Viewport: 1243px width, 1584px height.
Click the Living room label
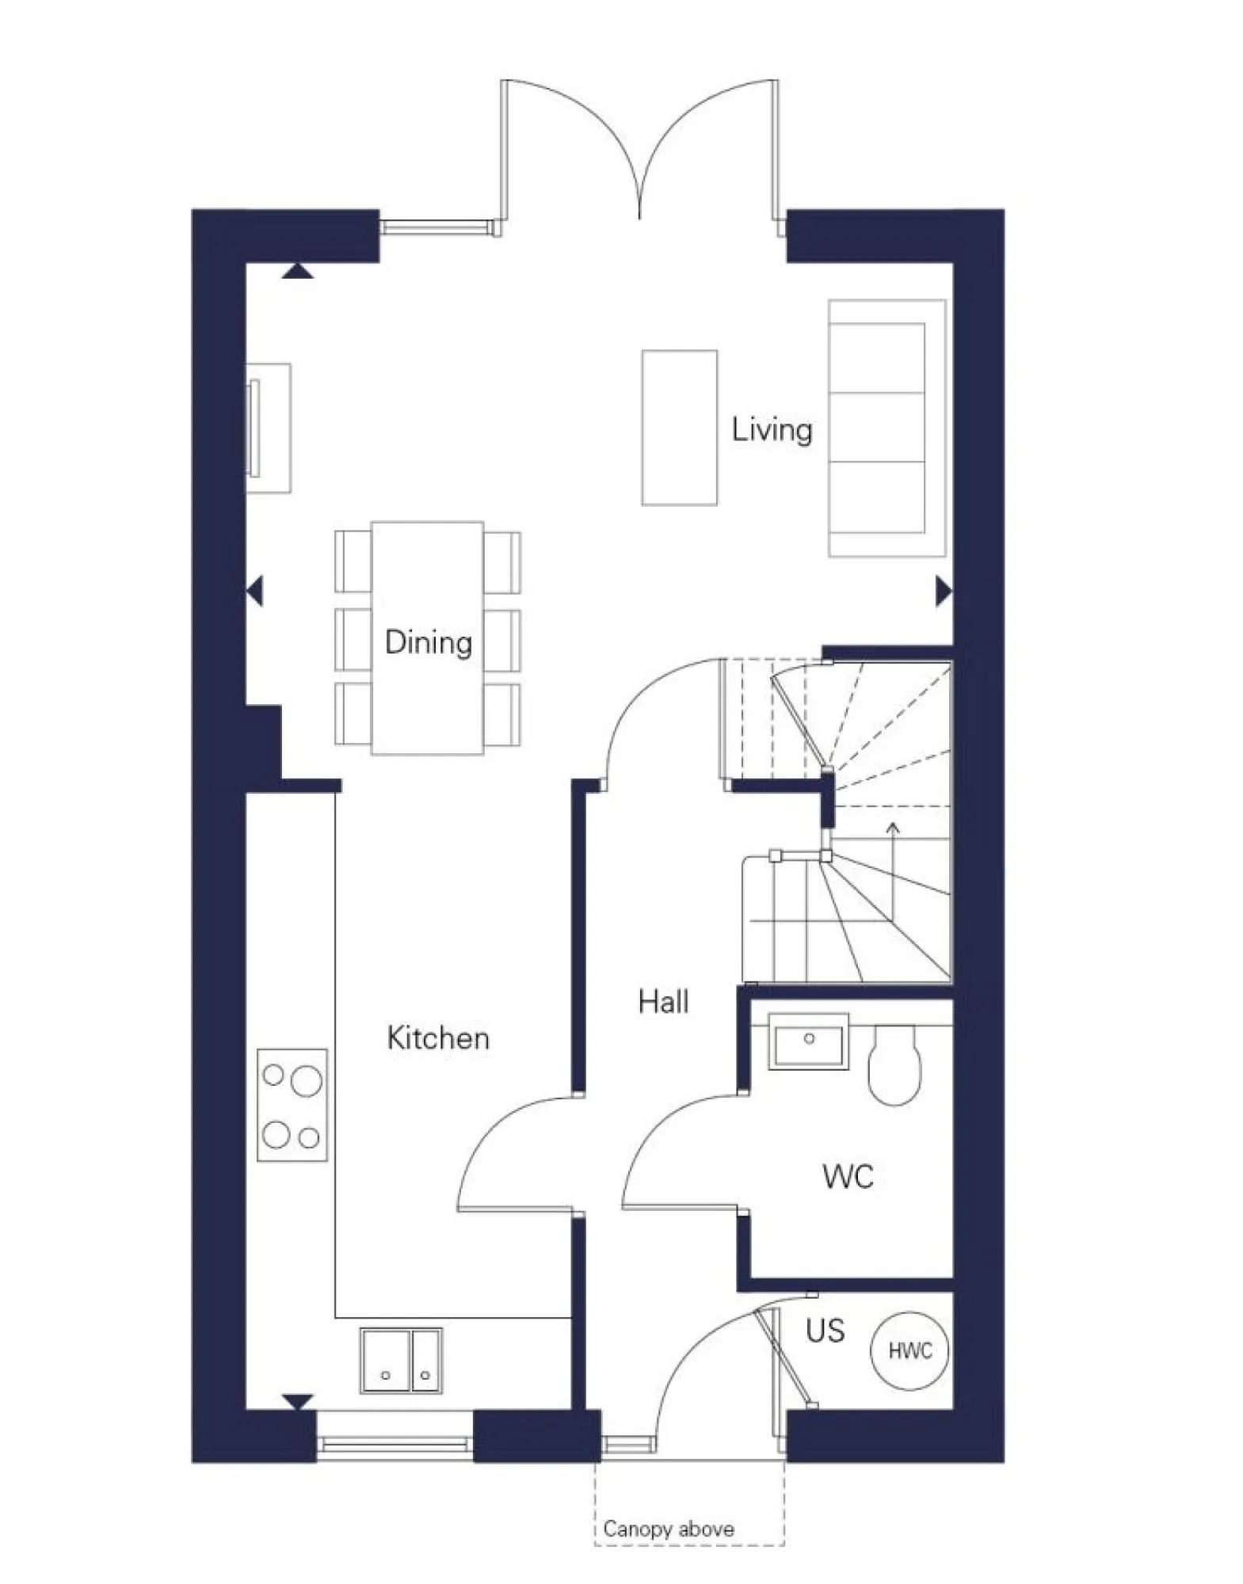[x=771, y=430]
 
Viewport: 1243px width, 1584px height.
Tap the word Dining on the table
[x=428, y=642]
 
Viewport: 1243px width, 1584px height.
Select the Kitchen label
[x=438, y=1038]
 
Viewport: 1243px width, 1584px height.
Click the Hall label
[x=663, y=1002]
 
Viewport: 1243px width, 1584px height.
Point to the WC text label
[x=848, y=1177]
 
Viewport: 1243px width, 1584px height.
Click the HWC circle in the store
[x=909, y=1350]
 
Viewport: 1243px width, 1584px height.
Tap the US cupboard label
[x=825, y=1331]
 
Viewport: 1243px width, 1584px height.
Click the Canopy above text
[x=668, y=1529]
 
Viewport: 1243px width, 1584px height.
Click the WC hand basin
[x=808, y=1041]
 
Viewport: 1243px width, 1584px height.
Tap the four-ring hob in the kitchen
[x=292, y=1106]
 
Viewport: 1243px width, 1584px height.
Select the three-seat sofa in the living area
[x=886, y=428]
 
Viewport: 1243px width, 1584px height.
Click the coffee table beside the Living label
[x=679, y=428]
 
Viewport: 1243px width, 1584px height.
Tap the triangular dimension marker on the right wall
[x=943, y=591]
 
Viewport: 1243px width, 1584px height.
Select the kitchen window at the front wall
[x=394, y=1445]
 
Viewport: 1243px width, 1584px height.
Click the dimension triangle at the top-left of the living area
[x=298, y=272]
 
